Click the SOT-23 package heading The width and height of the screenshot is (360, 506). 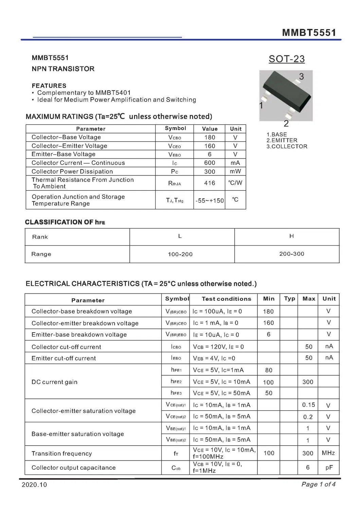287,59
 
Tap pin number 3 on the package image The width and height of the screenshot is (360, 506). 301,76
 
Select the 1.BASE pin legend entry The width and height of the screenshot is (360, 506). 277,134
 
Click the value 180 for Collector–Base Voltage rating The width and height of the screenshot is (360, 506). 210,137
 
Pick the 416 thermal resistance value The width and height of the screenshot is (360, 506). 210,183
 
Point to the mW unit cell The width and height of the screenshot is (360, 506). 235,171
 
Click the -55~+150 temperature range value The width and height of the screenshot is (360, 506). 210,201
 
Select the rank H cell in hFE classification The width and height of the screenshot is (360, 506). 291,236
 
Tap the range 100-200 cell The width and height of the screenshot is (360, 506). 180,254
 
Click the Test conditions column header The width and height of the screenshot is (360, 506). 226,299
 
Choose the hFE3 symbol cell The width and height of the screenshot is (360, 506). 176,393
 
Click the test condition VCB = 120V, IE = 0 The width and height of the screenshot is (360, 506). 218,347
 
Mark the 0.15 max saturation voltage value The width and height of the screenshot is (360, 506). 308,405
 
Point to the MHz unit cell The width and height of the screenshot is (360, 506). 328,453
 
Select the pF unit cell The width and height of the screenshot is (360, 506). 329,468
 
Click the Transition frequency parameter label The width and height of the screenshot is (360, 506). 62,454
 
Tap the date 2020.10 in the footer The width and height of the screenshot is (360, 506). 34,485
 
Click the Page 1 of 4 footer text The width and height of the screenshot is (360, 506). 318,484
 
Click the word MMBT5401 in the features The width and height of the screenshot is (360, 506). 113,93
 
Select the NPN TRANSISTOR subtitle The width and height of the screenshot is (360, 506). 63,69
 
